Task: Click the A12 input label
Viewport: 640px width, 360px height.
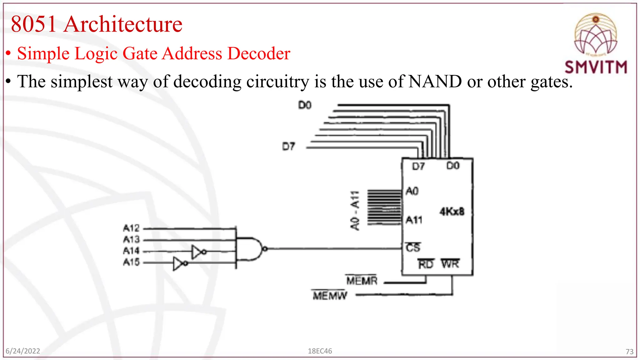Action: (x=131, y=228)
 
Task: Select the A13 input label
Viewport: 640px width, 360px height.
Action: (x=131, y=240)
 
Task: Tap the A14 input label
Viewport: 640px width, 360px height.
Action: (x=131, y=251)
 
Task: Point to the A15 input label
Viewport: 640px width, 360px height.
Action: (x=131, y=262)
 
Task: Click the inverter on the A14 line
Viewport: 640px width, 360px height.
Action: (x=198, y=252)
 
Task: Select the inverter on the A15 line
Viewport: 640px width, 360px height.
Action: (x=180, y=263)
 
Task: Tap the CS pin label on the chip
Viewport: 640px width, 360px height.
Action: (x=413, y=247)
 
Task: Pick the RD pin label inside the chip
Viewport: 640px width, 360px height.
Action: (x=426, y=264)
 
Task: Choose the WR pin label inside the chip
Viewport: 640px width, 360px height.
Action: (x=450, y=264)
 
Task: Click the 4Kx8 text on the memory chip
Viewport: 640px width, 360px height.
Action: (x=452, y=212)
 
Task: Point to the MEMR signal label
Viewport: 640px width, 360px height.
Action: (x=362, y=281)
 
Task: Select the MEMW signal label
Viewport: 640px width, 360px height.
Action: (x=330, y=295)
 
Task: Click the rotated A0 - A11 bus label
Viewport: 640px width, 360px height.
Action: (x=355, y=211)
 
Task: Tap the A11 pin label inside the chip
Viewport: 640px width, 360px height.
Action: (x=414, y=220)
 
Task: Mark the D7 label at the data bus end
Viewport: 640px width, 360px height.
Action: (x=288, y=147)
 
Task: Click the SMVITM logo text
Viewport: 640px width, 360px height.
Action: (x=596, y=67)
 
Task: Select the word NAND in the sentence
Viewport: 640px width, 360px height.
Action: (x=435, y=82)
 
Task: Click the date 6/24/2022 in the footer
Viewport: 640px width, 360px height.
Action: (x=23, y=351)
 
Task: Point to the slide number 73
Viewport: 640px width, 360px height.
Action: (x=629, y=352)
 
